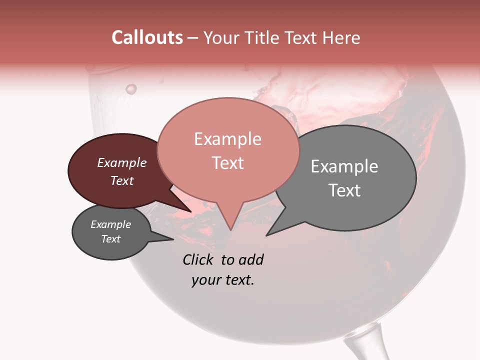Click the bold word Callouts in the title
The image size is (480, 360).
coord(147,37)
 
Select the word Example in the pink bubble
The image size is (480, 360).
coord(227,139)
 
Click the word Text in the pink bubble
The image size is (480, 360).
coord(227,163)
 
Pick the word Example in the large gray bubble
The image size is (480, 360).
coord(344,166)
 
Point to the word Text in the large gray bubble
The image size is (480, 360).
coord(344,190)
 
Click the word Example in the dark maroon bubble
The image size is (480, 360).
coord(121,162)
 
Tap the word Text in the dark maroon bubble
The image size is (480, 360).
coord(122,180)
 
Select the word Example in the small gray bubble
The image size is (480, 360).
coord(110,224)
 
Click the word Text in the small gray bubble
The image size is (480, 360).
coord(111,239)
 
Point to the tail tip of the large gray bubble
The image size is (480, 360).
coord(267,235)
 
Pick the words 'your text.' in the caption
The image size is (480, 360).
coord(222,280)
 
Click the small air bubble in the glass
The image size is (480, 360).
coord(131,89)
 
